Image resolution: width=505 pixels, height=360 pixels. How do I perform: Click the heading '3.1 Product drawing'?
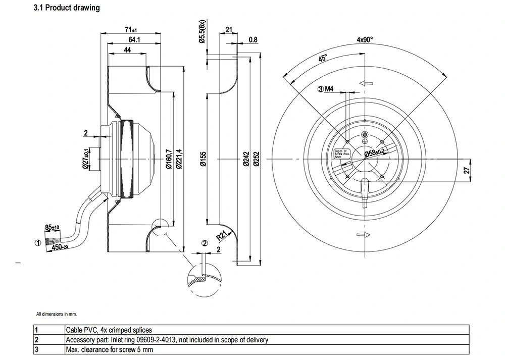[x=66, y=8]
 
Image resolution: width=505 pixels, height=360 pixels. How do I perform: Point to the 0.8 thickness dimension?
[x=253, y=40]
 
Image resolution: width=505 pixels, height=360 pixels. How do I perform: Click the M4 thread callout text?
[x=329, y=89]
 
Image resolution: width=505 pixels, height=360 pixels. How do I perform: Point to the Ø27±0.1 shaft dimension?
[x=86, y=159]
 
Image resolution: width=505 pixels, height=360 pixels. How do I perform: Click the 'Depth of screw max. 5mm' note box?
[x=342, y=154]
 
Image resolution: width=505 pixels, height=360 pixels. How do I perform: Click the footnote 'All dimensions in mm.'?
[x=57, y=314]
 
